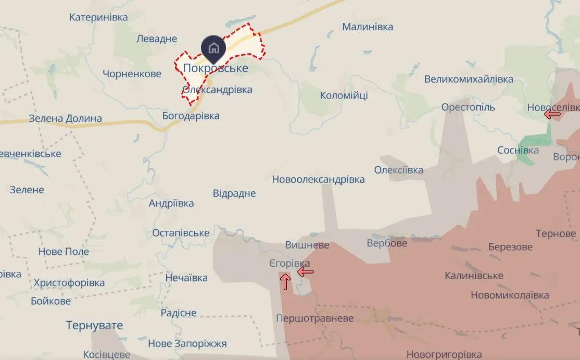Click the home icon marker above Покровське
[213, 48]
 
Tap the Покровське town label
[216, 68]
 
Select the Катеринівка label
[98, 17]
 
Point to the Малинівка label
[368, 27]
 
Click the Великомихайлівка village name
[469, 79]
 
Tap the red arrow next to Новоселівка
[552, 114]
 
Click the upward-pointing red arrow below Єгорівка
[285, 282]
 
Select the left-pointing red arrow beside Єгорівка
[306, 271]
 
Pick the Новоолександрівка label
[318, 179]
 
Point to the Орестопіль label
[468, 107]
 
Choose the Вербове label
[387, 243]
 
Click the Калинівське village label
[474, 275]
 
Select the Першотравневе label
[314, 318]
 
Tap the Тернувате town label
[94, 326]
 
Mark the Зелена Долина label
[65, 118]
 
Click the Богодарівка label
[191, 116]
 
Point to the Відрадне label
[234, 193]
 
